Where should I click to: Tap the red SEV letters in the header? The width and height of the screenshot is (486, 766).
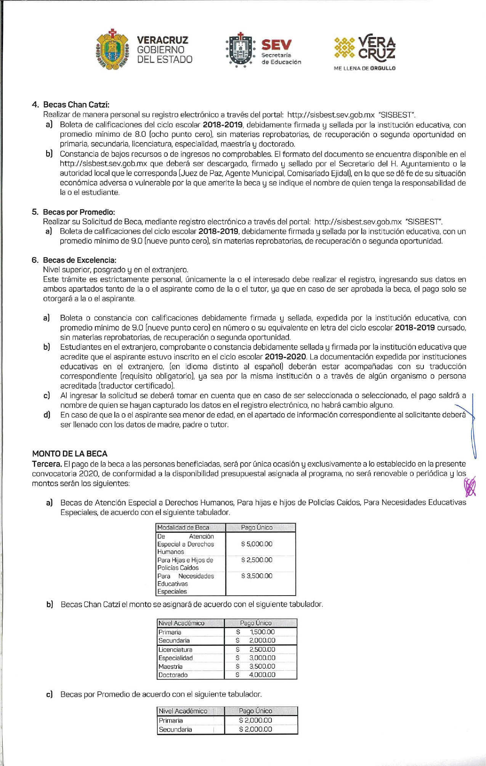point(276,45)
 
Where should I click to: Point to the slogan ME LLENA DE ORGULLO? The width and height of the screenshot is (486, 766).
point(364,68)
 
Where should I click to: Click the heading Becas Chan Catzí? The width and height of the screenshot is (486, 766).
point(76,105)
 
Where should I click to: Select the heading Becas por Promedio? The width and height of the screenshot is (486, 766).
point(79,212)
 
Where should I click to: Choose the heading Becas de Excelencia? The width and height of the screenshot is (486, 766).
point(80,260)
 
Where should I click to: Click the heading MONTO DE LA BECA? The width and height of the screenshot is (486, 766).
point(70,454)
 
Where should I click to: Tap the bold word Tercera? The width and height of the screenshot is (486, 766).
point(47,464)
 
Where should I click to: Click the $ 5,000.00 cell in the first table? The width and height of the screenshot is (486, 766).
point(257,544)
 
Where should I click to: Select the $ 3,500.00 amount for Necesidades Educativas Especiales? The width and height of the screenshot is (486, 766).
point(257,576)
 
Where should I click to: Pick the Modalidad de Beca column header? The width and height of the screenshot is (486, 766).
point(183,528)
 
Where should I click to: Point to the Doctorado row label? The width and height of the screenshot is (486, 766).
point(173,675)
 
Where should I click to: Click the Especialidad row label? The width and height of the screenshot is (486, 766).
point(176,658)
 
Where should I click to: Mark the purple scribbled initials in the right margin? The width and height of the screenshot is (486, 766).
point(470,487)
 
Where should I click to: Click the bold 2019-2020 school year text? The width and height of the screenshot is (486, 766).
point(285,357)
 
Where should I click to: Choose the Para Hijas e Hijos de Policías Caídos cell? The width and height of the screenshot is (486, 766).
point(186,564)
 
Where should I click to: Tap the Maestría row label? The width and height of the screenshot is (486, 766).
point(170,667)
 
